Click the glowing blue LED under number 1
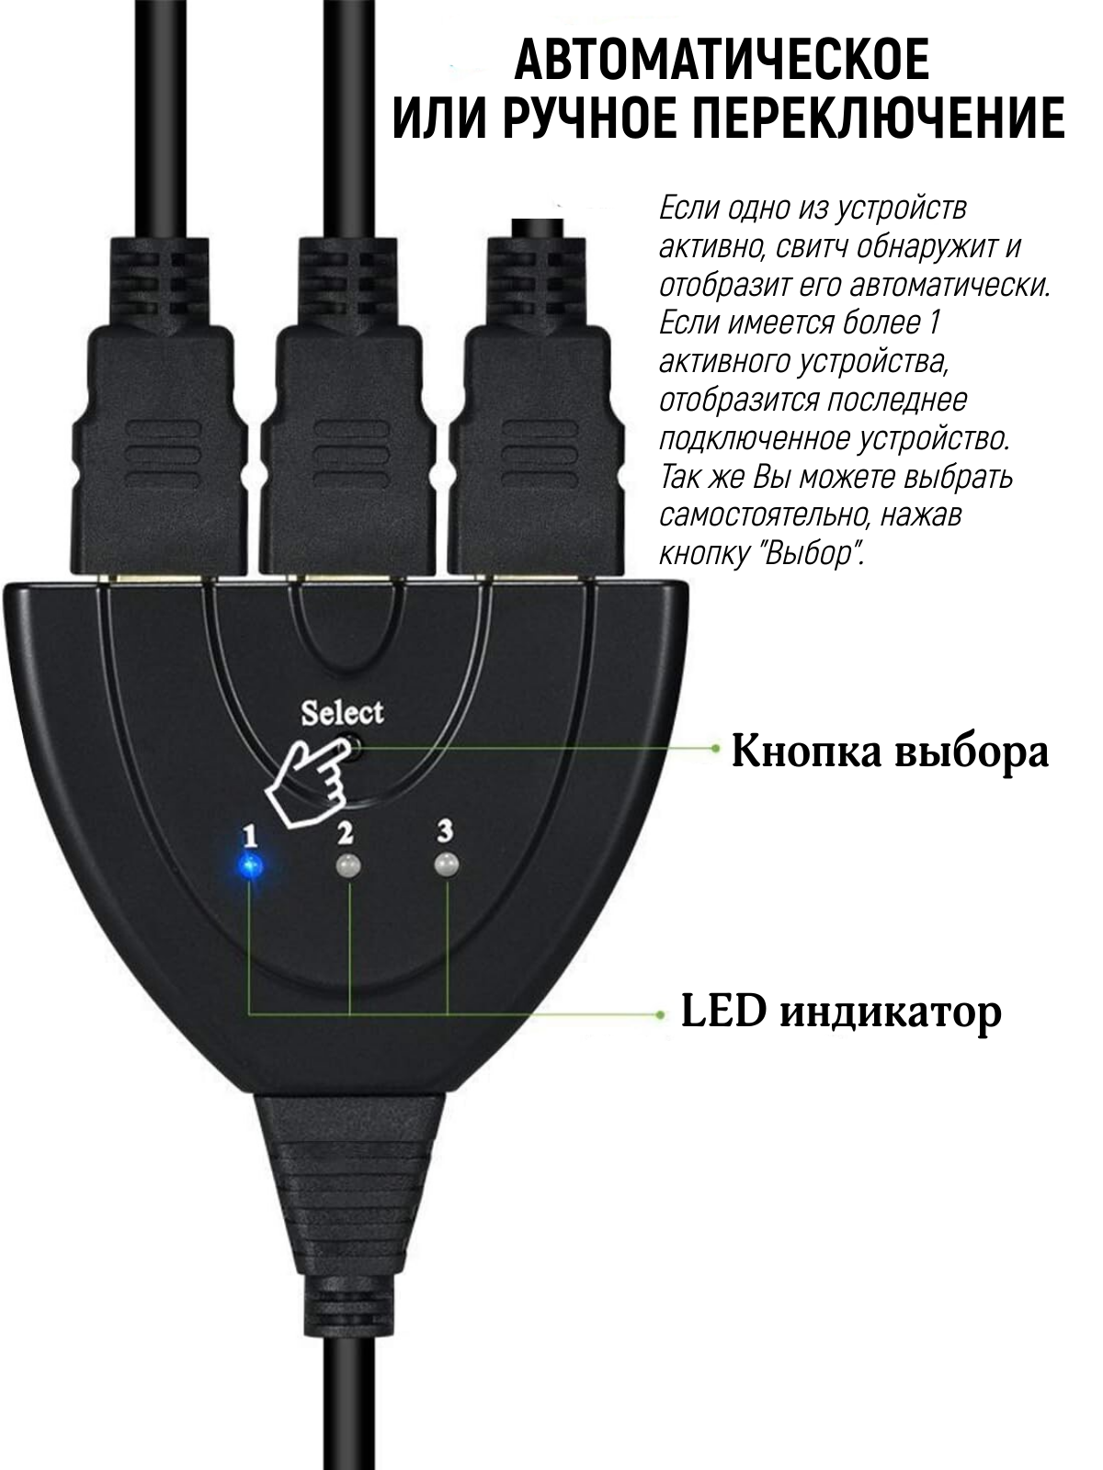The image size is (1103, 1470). click(x=249, y=865)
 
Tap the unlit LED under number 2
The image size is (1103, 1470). click(x=347, y=866)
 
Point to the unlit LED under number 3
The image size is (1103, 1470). click(x=447, y=865)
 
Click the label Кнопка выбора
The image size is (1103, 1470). click(x=889, y=752)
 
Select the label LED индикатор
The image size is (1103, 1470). click(x=840, y=1013)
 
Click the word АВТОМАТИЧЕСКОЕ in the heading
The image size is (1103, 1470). click(x=722, y=62)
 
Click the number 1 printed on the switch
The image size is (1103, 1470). click(x=248, y=835)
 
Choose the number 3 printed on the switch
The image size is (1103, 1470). click(x=445, y=831)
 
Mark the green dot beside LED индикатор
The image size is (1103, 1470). click(x=660, y=1014)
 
